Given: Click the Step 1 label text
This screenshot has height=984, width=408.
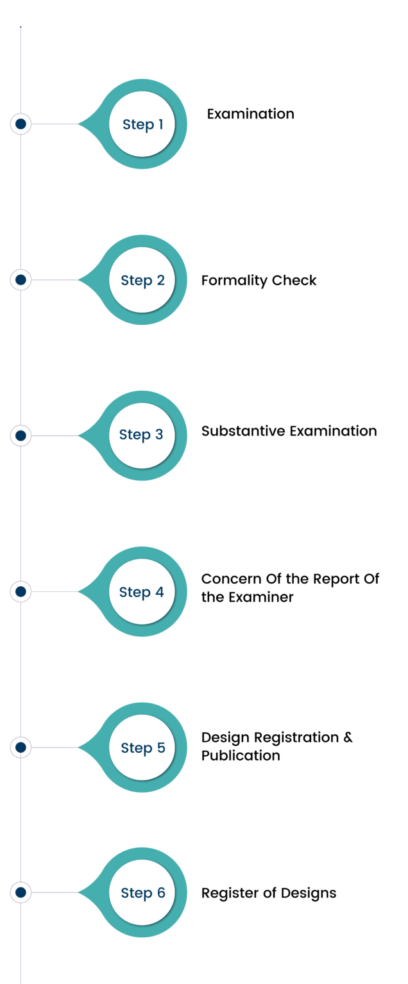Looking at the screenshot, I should (142, 124).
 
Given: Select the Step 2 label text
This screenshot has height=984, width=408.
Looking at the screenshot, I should (142, 281).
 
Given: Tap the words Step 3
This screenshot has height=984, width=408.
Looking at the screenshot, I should (141, 434).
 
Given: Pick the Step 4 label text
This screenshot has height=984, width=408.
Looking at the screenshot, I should (142, 592).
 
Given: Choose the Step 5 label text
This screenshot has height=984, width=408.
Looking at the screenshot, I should (142, 748).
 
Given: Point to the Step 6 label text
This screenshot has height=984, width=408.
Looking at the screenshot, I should (142, 892).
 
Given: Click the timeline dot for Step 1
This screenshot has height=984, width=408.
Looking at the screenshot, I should (21, 124).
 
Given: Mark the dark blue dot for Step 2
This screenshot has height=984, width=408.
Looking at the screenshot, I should (21, 280).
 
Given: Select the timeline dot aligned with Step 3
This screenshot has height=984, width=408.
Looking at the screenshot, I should (21, 436).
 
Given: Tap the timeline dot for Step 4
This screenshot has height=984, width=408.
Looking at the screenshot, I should (21, 592).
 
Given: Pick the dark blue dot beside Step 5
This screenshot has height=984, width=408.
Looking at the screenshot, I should (21, 747).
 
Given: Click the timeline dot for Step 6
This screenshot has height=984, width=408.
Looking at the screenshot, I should (21, 892).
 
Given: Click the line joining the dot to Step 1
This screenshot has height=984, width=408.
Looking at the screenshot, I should (55, 124).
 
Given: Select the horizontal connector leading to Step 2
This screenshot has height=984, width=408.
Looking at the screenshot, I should (55, 280).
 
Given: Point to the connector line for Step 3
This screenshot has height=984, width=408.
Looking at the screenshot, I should (55, 436).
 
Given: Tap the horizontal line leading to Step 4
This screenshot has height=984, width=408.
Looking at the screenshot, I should (55, 592).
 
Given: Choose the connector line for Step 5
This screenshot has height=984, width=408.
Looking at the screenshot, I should (55, 747).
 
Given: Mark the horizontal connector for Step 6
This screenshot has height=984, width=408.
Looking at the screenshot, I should (55, 892).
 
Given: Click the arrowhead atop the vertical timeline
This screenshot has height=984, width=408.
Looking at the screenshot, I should (21, 27).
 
